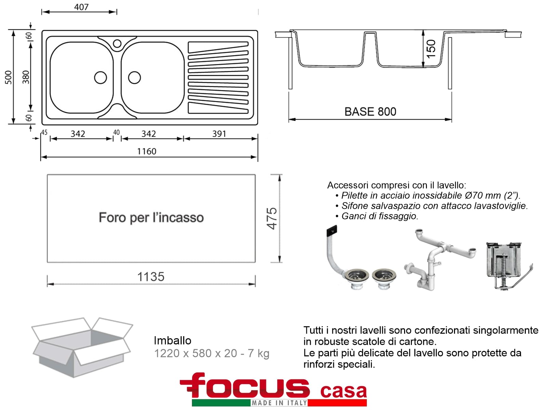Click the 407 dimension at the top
(81, 7)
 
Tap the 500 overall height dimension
(9, 78)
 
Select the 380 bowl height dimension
(26, 77)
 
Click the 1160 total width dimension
(147, 151)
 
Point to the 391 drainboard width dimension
(219, 134)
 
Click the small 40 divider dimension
(116, 133)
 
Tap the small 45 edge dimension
(44, 133)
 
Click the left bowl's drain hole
(101, 78)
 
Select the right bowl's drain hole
(134, 78)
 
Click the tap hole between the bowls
(117, 44)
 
